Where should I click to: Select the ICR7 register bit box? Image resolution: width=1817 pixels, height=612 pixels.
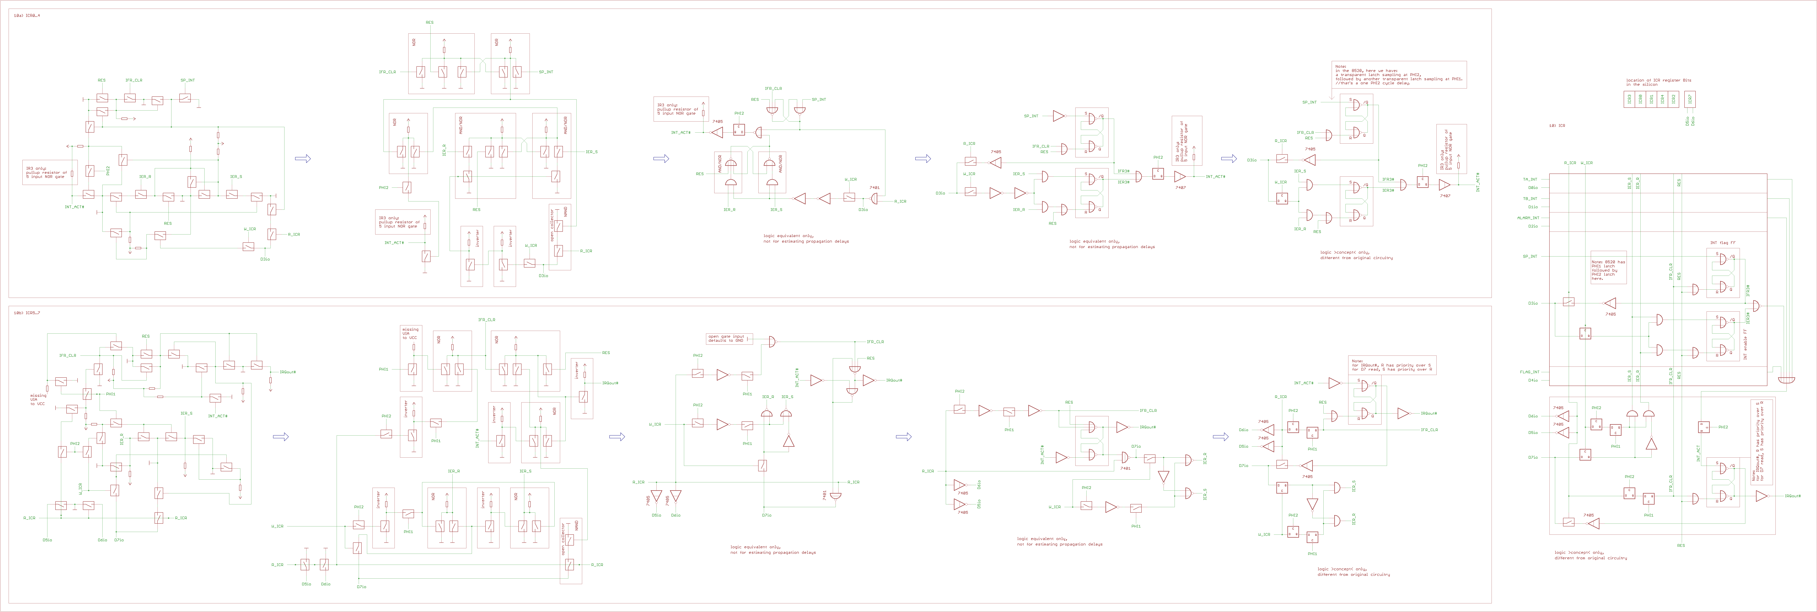pyautogui.click(x=1690, y=99)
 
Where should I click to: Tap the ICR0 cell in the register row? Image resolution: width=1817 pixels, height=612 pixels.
pyautogui.click(x=1641, y=99)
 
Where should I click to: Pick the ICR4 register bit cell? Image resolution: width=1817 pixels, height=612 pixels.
pyautogui.click(x=1662, y=99)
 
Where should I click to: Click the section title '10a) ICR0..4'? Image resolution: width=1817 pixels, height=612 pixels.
pyautogui.click(x=27, y=15)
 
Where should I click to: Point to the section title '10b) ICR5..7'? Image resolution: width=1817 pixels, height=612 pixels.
pyautogui.click(x=27, y=312)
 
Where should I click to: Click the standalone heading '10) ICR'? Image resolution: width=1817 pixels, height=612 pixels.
pyautogui.click(x=1557, y=125)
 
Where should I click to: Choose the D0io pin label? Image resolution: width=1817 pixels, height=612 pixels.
pyautogui.click(x=1533, y=187)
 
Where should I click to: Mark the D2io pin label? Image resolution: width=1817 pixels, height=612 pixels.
pyautogui.click(x=1533, y=226)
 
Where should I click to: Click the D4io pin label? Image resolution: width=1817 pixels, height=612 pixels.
pyautogui.click(x=1533, y=380)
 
